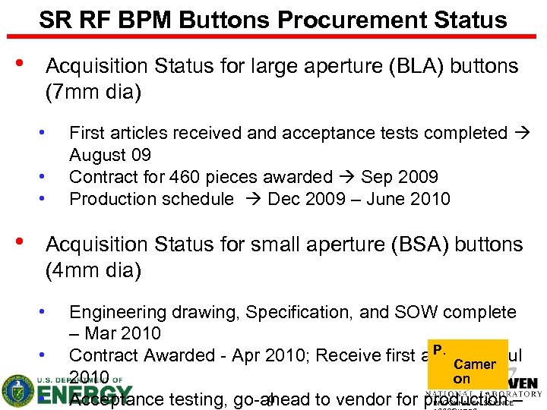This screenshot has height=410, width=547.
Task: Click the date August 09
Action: click(110, 156)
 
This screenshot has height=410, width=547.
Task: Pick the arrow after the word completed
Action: click(523, 134)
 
